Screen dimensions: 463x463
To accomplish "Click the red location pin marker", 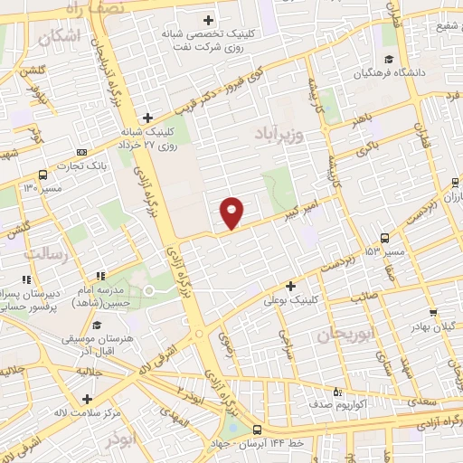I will [232, 212].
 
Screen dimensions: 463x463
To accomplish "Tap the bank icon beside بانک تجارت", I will [82, 151].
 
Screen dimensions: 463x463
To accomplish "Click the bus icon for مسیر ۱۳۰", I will [43, 175].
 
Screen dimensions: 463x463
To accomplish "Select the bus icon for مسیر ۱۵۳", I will [385, 238].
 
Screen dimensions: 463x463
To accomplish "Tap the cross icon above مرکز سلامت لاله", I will [87, 399].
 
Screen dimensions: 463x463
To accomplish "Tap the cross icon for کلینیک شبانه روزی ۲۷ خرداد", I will [146, 118].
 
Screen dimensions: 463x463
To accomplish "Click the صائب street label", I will [365, 296].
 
